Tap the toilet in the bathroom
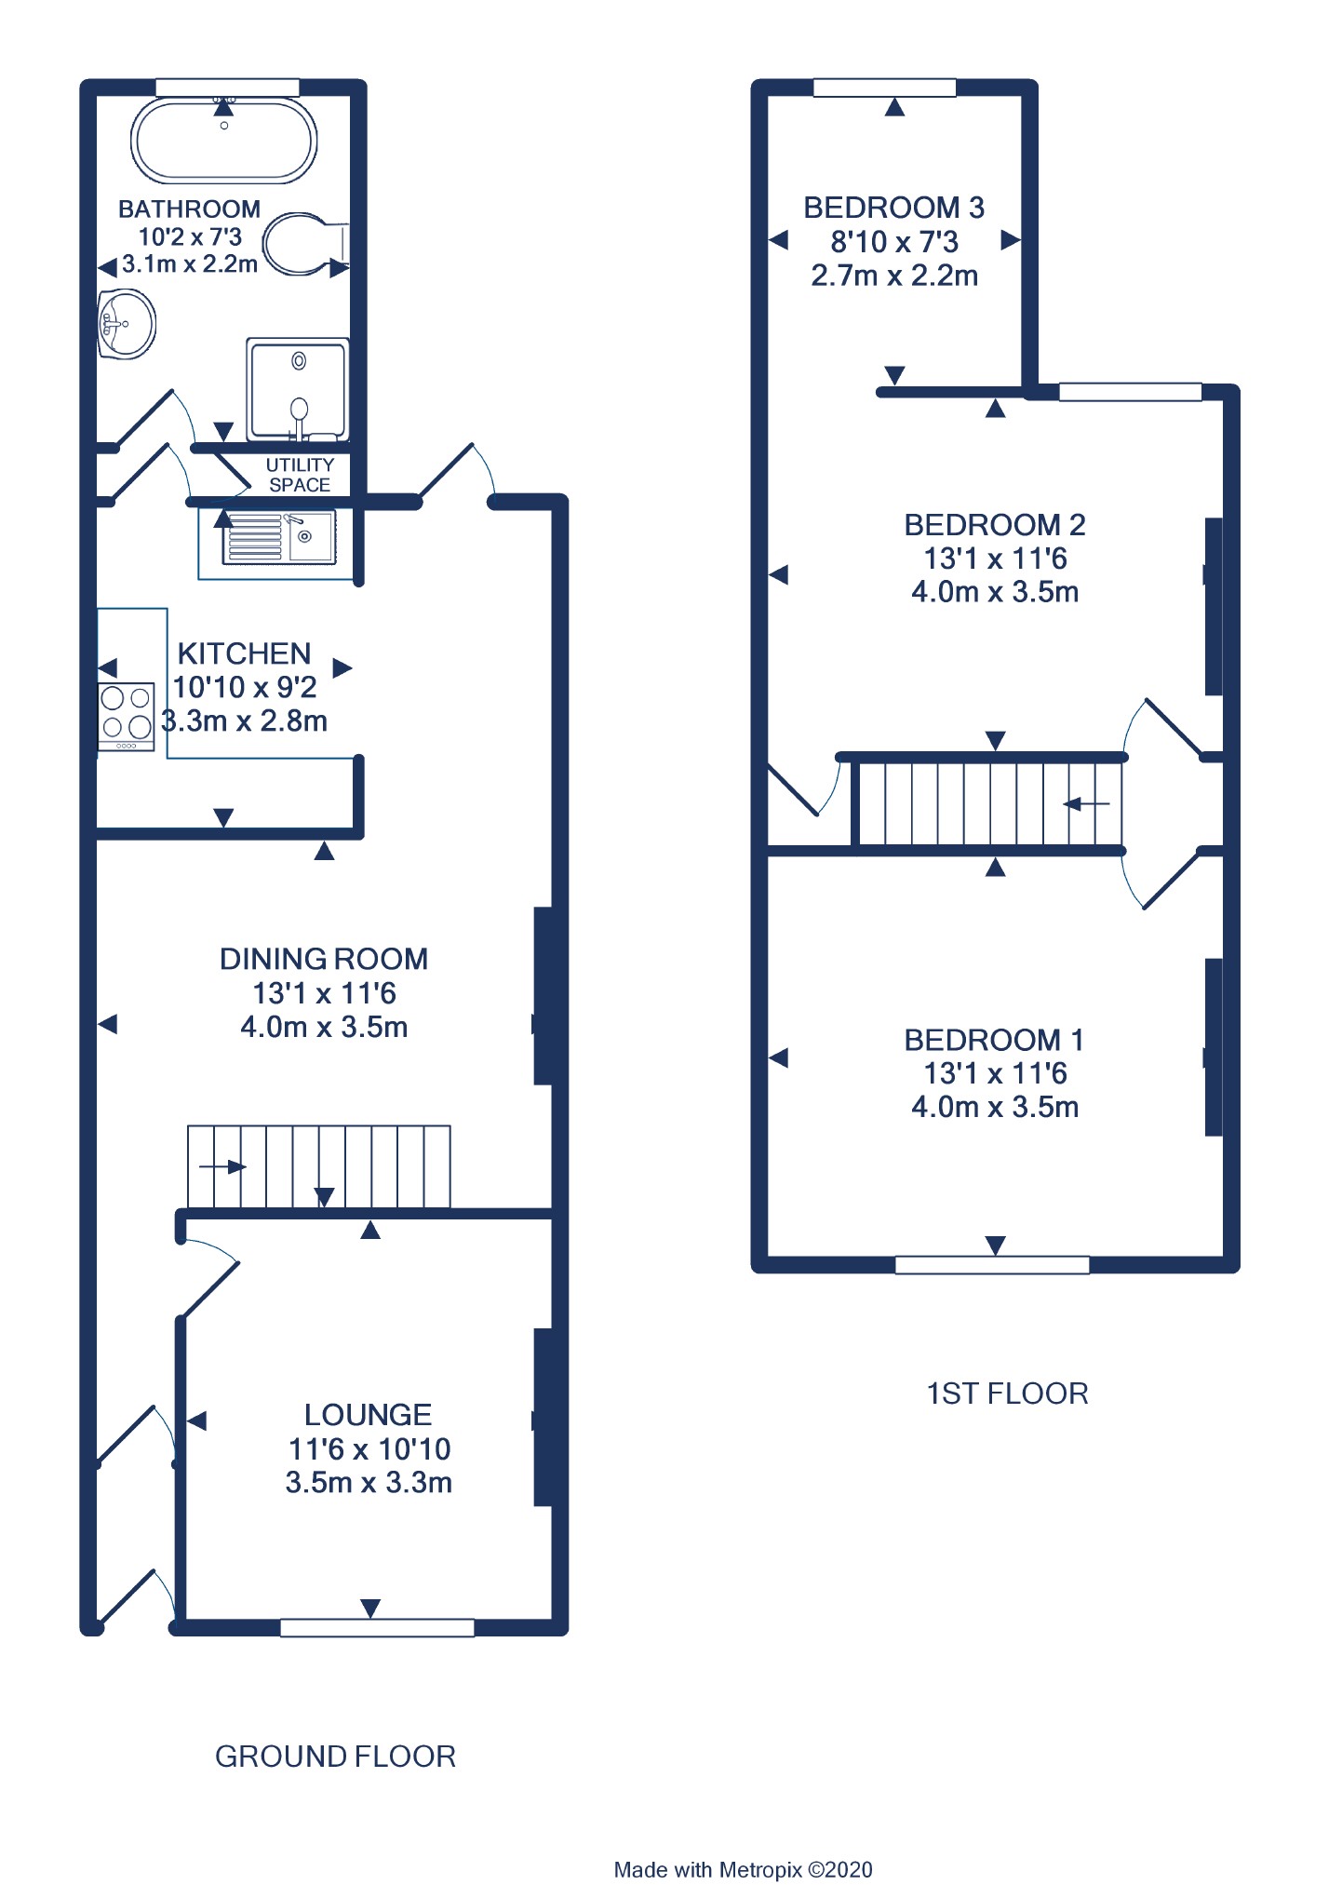coord(305,244)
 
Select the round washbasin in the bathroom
coord(127,324)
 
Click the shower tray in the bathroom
coord(298,389)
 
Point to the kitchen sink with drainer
coord(278,538)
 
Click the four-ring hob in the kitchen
coord(127,717)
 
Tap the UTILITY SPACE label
coord(300,475)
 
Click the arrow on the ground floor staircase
coord(222,1166)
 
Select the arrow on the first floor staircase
coord(1087,803)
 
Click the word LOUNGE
coord(368,1415)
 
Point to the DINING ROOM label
coord(324,959)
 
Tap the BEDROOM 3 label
coord(893,207)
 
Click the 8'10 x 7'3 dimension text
coord(894,242)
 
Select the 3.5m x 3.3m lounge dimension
coord(369,1482)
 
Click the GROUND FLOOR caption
coord(335,1757)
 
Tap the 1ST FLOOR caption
coord(1007,1394)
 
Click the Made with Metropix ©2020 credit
coord(743,1869)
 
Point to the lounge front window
coord(377,1627)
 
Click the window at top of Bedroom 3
coord(884,88)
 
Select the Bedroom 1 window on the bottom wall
coord(992,1264)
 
